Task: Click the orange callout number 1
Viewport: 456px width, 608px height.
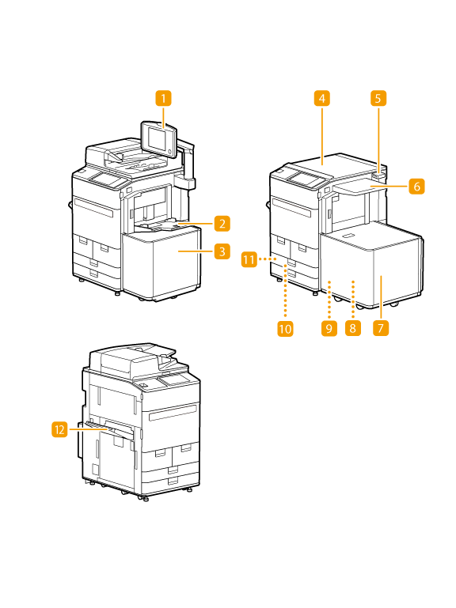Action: coord(163,98)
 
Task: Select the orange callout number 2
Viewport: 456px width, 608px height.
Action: coord(222,223)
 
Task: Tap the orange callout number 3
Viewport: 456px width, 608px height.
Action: coord(222,251)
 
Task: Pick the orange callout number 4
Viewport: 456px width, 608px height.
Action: coord(322,98)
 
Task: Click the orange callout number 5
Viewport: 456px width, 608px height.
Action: coord(378,98)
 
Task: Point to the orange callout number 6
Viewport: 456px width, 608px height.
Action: coord(416,186)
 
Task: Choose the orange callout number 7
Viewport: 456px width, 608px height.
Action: coord(381,328)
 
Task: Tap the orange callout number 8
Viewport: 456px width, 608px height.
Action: coord(352,328)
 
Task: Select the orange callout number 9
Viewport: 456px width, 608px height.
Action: coord(329,328)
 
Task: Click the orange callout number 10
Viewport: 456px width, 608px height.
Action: coord(285,329)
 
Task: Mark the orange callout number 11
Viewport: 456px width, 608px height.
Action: coord(249,259)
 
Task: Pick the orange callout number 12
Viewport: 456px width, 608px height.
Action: coord(59,429)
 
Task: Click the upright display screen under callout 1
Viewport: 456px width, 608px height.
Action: coord(159,140)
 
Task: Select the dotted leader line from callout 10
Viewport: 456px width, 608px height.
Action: coord(286,292)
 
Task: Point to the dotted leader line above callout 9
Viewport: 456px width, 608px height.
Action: coord(329,300)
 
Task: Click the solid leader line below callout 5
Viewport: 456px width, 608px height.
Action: coord(378,140)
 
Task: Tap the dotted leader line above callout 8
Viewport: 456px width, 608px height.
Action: coord(352,300)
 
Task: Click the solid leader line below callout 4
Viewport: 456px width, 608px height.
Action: coord(322,135)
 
